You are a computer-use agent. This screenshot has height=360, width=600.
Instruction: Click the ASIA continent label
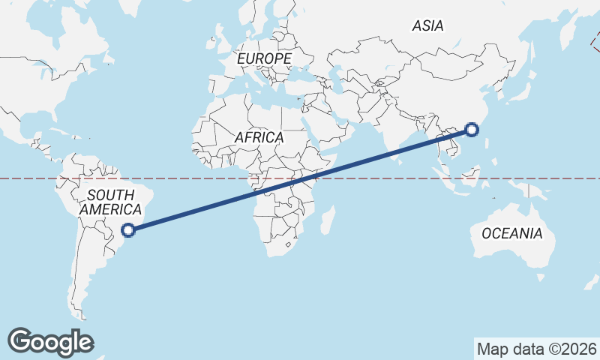point(427,26)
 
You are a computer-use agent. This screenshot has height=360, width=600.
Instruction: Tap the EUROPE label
point(263,58)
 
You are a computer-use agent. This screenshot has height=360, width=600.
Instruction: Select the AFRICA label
point(259,138)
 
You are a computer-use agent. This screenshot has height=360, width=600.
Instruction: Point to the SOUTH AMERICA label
point(110,202)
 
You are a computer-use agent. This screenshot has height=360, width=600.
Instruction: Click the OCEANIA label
point(511,233)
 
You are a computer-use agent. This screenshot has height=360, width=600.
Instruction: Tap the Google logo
point(50,342)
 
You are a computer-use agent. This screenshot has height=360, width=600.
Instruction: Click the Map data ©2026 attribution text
point(536,349)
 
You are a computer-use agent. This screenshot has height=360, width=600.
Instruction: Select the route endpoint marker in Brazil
point(129,230)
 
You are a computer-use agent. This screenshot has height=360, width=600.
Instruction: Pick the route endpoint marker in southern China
point(472,130)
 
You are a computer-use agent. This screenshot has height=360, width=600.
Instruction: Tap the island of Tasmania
point(541,278)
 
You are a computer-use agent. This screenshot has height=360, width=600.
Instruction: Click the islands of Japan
point(518,89)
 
